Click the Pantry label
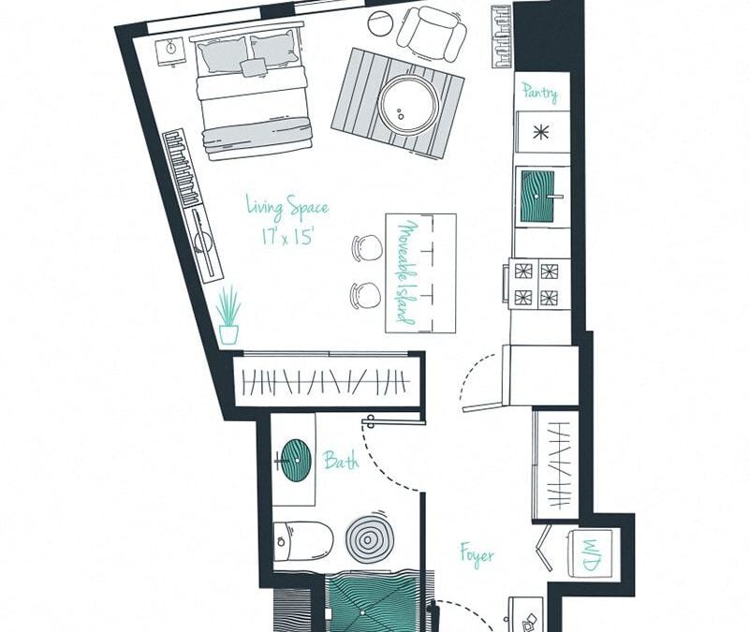[x=540, y=92]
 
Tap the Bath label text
[x=341, y=460]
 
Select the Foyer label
[x=477, y=554]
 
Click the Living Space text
[x=287, y=206]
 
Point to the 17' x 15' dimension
[x=288, y=237]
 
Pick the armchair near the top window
[x=432, y=33]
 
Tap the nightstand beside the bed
[x=171, y=51]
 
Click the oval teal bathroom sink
[x=296, y=460]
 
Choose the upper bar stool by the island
[x=367, y=247]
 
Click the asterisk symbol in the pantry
[x=540, y=132]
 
